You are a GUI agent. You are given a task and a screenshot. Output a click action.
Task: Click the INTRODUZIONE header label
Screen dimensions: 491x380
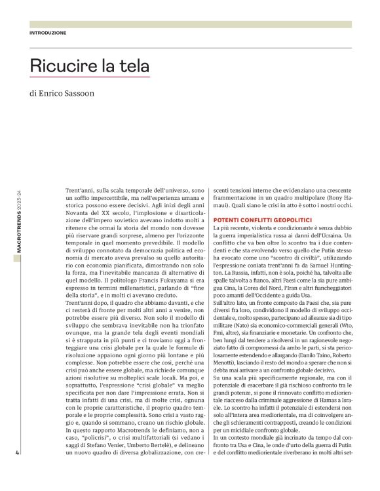tap(48, 32)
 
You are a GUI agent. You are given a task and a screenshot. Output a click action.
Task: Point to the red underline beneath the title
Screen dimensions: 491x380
tap(90, 77)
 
